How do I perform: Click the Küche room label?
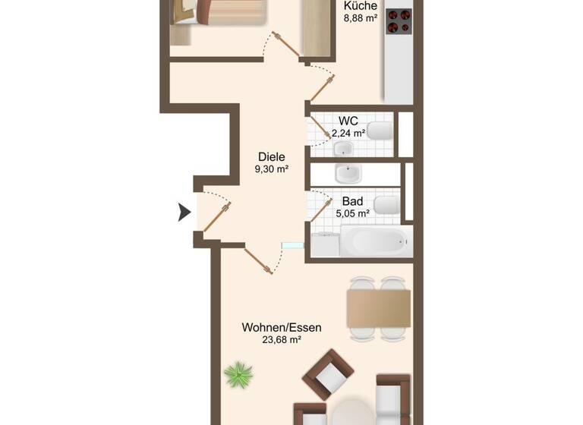pyautogui.click(x=360, y=5)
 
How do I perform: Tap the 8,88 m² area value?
pyautogui.click(x=361, y=18)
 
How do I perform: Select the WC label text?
pyautogui.click(x=348, y=121)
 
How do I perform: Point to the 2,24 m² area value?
pyautogui.click(x=348, y=134)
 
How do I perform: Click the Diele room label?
pyautogui.click(x=271, y=156)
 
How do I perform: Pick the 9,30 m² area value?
pyautogui.click(x=271, y=169)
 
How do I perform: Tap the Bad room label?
pyautogui.click(x=352, y=201)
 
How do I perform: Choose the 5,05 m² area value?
pyautogui.click(x=353, y=214)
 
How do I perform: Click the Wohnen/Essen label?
pyautogui.click(x=282, y=327)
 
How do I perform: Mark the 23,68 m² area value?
pyautogui.click(x=282, y=340)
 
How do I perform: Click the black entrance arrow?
pyautogui.click(x=184, y=212)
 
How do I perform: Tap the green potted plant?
pyautogui.click(x=241, y=374)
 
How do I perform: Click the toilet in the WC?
pyautogui.click(x=379, y=131)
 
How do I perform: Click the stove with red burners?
pyautogui.click(x=399, y=21)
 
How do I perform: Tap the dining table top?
pyautogui.click(x=379, y=307)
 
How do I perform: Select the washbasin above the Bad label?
pyautogui.click(x=348, y=174)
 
